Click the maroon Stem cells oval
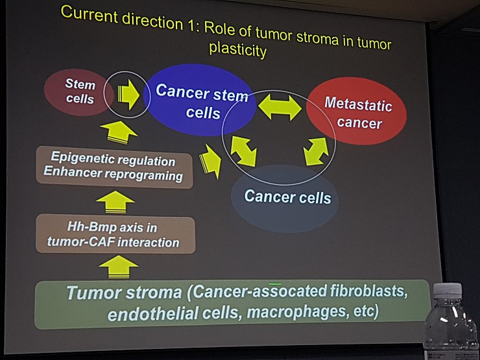[x=78, y=92]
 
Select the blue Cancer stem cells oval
[x=200, y=100]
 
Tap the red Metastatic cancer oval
[x=357, y=111]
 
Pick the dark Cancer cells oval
[x=285, y=199]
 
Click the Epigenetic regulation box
[x=115, y=167]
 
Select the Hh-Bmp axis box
[x=115, y=235]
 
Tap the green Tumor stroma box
[x=233, y=304]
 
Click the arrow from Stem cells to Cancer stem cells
[x=128, y=95]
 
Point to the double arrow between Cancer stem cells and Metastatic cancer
[x=280, y=107]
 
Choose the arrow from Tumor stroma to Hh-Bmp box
[x=119, y=267]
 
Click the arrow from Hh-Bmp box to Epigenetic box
[x=115, y=202]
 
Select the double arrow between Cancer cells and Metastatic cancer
[x=316, y=151]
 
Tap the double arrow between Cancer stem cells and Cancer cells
[x=243, y=151]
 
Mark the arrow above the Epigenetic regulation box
[x=119, y=132]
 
